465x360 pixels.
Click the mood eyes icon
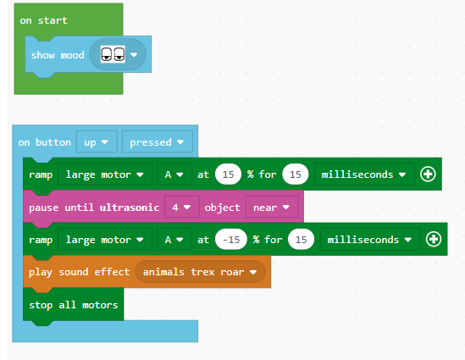113,54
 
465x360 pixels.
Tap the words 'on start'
43,20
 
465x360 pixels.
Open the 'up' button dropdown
97,142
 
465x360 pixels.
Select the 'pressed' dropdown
158,142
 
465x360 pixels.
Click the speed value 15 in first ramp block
228,174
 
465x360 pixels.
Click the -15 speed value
231,240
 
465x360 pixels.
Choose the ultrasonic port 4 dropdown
181,208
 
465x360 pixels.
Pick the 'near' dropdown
272,208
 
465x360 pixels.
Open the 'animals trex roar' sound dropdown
200,272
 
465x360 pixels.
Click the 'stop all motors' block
73,305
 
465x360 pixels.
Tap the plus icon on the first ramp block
428,174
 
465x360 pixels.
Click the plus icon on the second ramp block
434,240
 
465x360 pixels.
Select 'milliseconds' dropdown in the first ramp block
364,174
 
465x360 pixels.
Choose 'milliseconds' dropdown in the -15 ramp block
370,240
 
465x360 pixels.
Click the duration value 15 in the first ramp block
296,174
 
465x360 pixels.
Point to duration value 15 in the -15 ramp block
301,240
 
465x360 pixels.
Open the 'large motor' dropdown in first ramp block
105,174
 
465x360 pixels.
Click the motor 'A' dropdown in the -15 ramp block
174,240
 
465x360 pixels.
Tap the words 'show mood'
58,55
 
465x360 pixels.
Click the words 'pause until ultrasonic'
94,208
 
